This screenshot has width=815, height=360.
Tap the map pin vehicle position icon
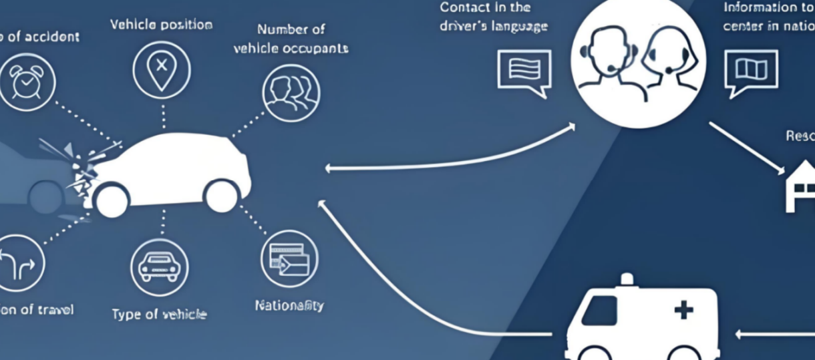[x=161, y=69]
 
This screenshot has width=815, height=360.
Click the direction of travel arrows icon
[x=18, y=263]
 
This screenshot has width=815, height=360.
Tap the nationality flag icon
[x=289, y=258]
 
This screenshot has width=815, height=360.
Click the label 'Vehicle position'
[x=161, y=25]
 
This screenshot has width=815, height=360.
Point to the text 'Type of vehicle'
[x=159, y=314]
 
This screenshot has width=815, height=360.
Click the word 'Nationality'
[x=289, y=306]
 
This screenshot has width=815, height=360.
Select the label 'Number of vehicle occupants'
[x=291, y=39]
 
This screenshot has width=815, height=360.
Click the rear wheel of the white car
[x=222, y=196]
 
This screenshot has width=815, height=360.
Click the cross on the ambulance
[x=683, y=310]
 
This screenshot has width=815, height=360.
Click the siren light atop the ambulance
[x=626, y=279]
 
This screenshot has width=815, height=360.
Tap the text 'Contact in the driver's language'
[x=493, y=17]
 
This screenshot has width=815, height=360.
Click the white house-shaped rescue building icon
[x=800, y=189]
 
